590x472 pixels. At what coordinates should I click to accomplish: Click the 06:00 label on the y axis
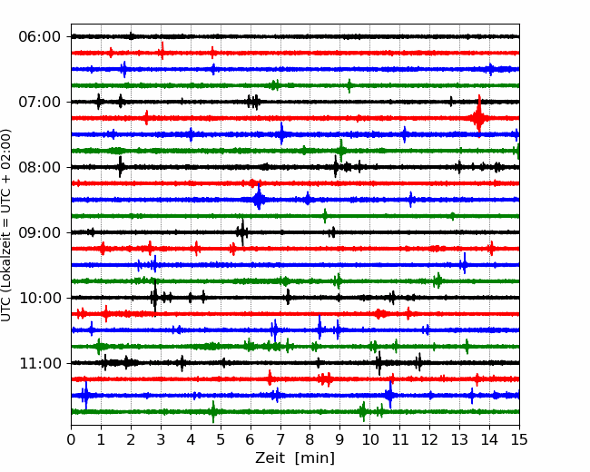point(40,37)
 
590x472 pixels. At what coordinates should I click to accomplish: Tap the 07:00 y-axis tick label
point(40,102)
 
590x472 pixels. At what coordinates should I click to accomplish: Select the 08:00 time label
point(40,167)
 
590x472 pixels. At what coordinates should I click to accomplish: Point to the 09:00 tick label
point(40,232)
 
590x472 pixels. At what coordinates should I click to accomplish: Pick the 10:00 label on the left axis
point(40,298)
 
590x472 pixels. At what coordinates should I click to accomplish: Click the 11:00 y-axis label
point(40,363)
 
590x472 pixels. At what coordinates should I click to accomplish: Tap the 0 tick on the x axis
point(71,439)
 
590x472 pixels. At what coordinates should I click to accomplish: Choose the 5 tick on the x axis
point(221,439)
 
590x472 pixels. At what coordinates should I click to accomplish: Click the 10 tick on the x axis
point(369,439)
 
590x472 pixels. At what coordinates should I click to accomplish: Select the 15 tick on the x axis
point(519,439)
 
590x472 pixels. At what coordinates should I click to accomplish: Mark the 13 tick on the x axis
point(459,439)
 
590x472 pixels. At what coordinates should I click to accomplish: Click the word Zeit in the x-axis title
point(270,457)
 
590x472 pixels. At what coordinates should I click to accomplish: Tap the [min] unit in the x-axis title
point(315,458)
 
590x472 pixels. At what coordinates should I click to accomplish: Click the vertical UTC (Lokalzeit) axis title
point(6,225)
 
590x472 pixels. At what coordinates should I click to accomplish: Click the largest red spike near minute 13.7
point(478,116)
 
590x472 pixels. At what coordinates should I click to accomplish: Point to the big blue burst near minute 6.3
point(259,198)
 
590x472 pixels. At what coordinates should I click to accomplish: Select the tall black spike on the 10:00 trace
point(154,298)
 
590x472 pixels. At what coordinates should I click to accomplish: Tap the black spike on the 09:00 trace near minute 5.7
point(242,232)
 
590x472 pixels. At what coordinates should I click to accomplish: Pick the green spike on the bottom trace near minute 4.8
point(213,412)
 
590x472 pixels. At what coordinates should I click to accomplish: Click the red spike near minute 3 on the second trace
point(162,51)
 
